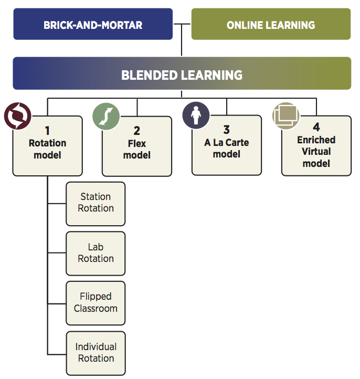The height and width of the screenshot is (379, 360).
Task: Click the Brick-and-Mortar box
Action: (93, 24)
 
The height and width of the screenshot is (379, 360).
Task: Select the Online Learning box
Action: (271, 24)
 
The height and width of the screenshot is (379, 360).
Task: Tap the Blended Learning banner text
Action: (182, 75)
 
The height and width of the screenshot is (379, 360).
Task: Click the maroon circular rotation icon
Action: (18, 115)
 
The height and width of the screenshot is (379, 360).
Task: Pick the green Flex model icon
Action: (106, 115)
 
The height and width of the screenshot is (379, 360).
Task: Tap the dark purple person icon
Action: (196, 115)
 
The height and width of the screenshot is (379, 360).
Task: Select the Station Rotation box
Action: (96, 203)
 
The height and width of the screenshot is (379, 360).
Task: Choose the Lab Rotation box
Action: (96, 253)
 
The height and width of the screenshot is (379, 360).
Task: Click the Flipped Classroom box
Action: (96, 303)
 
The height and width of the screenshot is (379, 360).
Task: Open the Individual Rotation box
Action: (96, 353)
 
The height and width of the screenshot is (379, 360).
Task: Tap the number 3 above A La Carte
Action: (227, 130)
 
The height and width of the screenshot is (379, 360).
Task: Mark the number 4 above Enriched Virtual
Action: (316, 128)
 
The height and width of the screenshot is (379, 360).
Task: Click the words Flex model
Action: (137, 150)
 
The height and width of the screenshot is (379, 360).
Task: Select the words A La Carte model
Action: (227, 149)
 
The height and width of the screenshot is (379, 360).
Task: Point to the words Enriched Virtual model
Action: (316, 152)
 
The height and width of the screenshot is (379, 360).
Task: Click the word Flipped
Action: (96, 297)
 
